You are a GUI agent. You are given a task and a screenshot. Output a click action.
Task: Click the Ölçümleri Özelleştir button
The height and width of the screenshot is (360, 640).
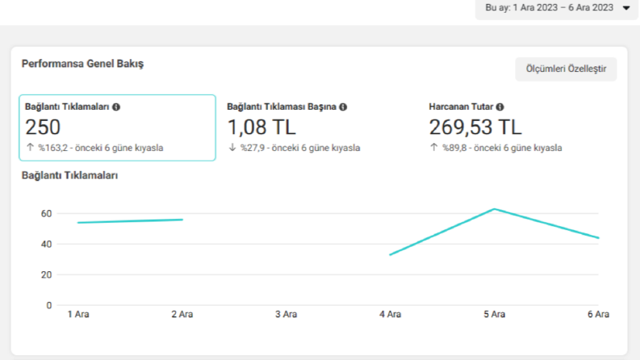[566, 69]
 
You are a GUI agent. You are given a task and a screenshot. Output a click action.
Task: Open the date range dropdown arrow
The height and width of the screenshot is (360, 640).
[626, 8]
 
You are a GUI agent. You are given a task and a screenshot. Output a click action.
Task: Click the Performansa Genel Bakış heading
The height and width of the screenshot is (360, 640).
[82, 64]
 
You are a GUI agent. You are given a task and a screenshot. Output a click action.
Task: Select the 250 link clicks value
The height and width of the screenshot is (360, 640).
[43, 127]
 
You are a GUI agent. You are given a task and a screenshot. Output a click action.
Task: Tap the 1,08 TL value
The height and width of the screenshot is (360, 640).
[261, 127]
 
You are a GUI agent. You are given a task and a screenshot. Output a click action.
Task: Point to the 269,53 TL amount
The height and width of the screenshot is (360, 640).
[475, 127]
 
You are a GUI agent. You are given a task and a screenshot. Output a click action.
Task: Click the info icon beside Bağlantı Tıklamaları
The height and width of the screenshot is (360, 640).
[116, 107]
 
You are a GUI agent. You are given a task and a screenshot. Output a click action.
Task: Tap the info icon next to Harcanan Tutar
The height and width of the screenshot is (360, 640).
[500, 107]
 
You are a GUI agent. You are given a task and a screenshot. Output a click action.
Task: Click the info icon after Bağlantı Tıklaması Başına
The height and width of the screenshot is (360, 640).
[343, 107]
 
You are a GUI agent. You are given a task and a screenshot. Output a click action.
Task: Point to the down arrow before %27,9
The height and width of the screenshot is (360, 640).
[232, 148]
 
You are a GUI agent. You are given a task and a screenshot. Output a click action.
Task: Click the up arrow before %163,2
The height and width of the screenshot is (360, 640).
[30, 148]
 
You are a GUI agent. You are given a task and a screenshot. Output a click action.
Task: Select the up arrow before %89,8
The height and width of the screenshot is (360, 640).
[434, 148]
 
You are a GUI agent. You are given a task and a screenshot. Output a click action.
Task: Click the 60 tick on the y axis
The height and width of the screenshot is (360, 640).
[46, 213]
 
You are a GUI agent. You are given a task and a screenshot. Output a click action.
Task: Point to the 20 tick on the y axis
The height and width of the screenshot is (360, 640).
[46, 274]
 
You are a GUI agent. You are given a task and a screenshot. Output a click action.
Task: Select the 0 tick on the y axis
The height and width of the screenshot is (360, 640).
[49, 305]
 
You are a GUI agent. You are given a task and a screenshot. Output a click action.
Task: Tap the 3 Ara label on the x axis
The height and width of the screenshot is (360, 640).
[286, 314]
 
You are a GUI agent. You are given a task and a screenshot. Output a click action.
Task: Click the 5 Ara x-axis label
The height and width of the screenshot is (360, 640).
[494, 314]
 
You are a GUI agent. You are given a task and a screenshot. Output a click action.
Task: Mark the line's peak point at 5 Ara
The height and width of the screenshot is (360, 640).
[494, 209]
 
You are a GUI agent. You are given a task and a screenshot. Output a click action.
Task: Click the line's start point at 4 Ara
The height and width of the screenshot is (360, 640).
[390, 255]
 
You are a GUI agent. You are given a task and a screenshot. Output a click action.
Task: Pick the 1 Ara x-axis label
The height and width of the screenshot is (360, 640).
[78, 314]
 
